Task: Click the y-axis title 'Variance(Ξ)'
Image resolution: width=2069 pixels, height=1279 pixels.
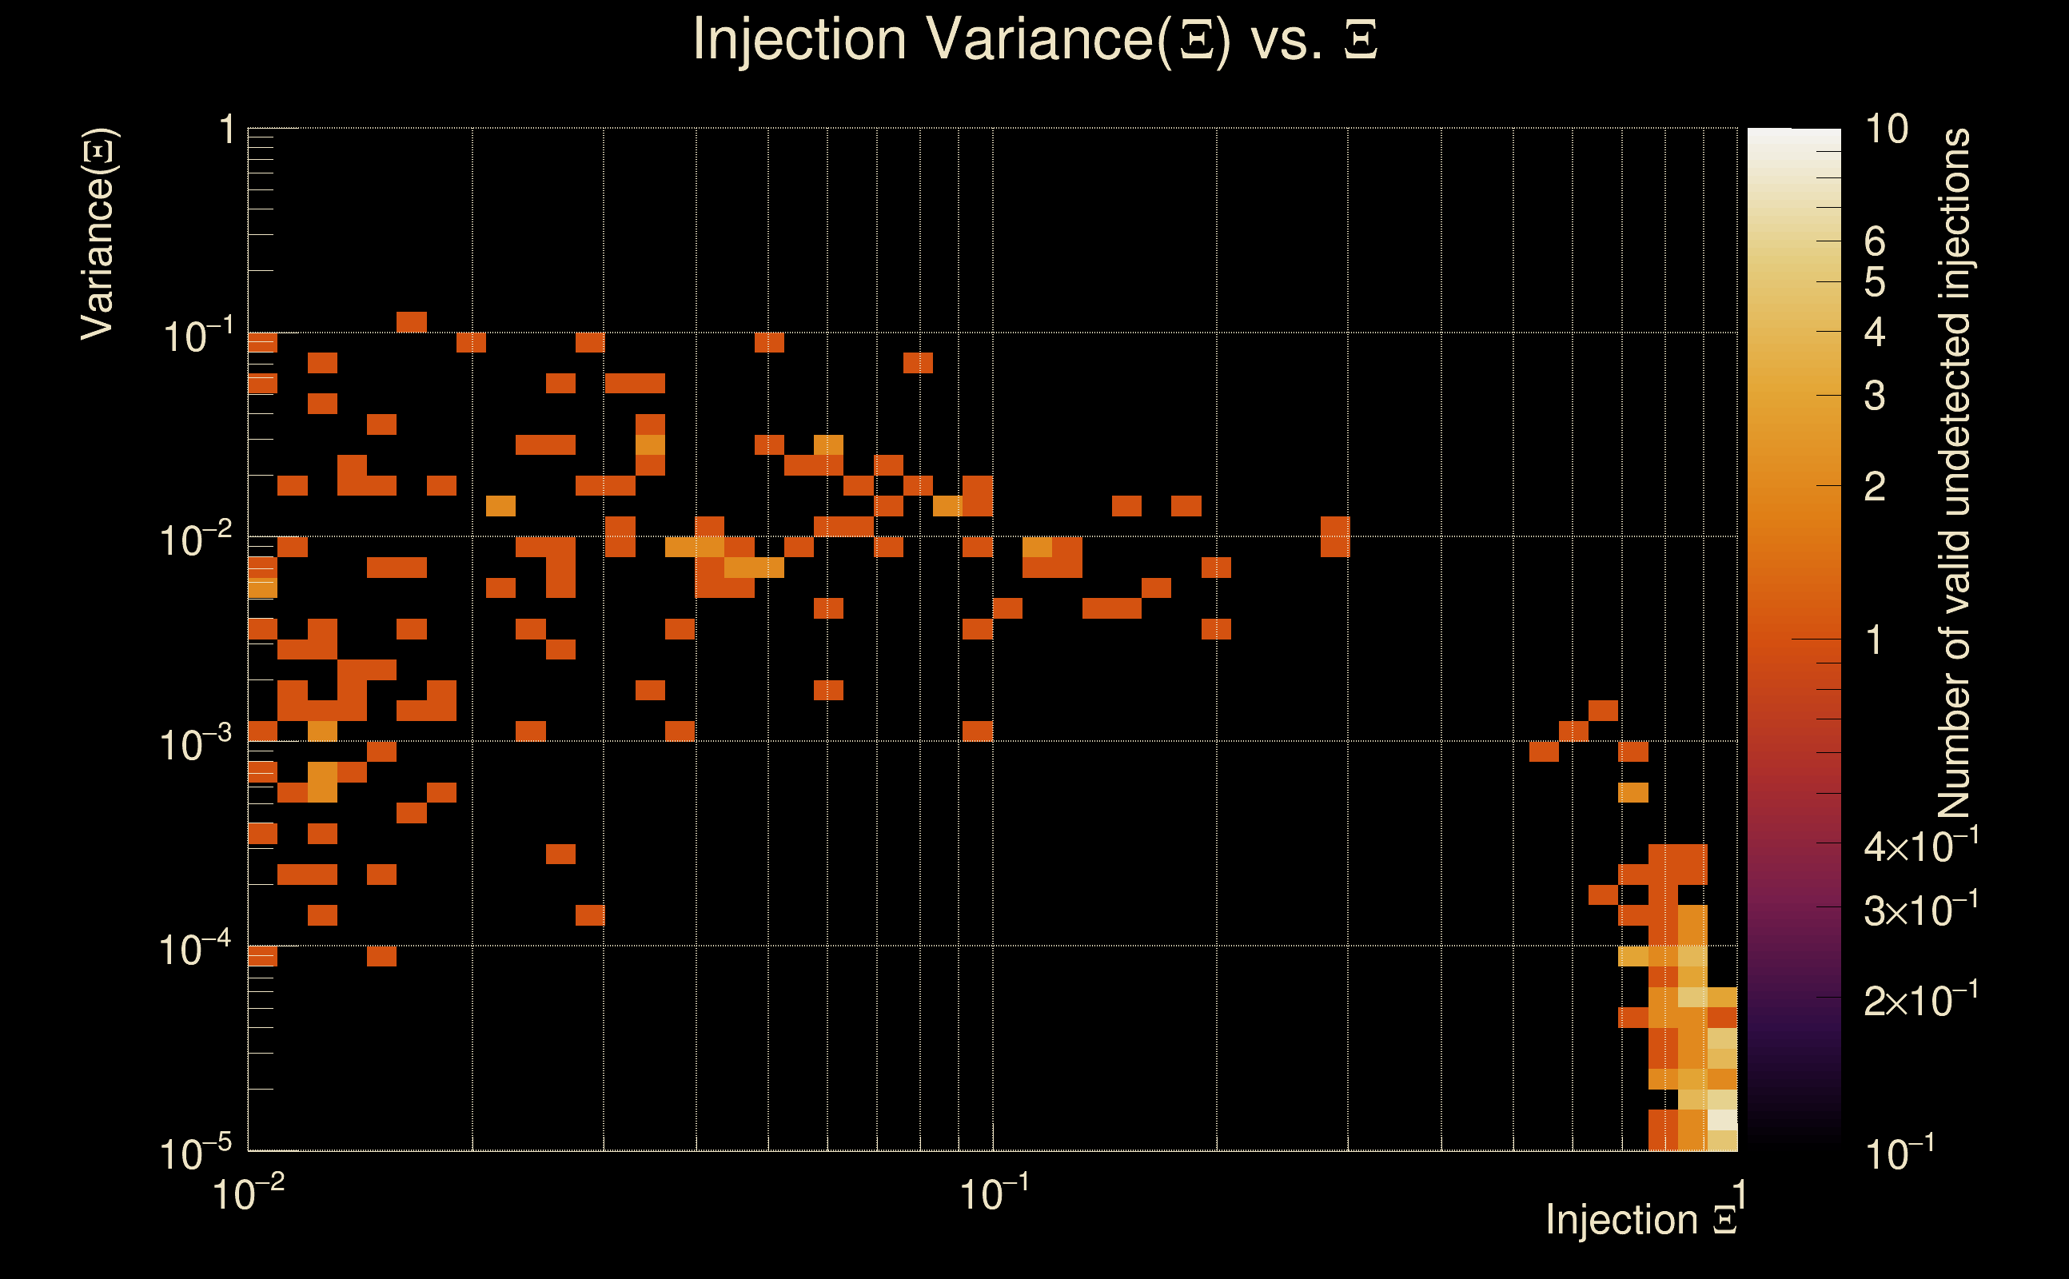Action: pyautogui.click(x=98, y=234)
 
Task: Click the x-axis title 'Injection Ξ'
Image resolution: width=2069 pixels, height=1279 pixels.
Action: pyautogui.click(x=1641, y=1220)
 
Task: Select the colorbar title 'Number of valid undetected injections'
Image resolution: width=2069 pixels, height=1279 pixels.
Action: pyautogui.click(x=1954, y=474)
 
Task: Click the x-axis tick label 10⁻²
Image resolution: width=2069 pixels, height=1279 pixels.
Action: pyautogui.click(x=248, y=1193)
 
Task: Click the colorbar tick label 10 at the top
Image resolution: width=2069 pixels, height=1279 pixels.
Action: pyautogui.click(x=1886, y=129)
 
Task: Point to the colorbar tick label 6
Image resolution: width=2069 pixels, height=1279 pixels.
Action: pyautogui.click(x=1875, y=243)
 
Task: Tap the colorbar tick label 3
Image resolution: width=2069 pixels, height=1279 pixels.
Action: pyautogui.click(x=1875, y=396)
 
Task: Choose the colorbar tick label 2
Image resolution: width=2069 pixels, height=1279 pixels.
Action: pyautogui.click(x=1875, y=486)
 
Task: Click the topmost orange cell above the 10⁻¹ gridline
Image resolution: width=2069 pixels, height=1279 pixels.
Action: pyautogui.click(x=412, y=322)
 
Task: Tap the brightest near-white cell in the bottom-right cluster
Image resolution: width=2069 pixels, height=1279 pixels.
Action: pyautogui.click(x=1722, y=1119)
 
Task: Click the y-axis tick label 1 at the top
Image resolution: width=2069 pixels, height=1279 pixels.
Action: pyautogui.click(x=226, y=130)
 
